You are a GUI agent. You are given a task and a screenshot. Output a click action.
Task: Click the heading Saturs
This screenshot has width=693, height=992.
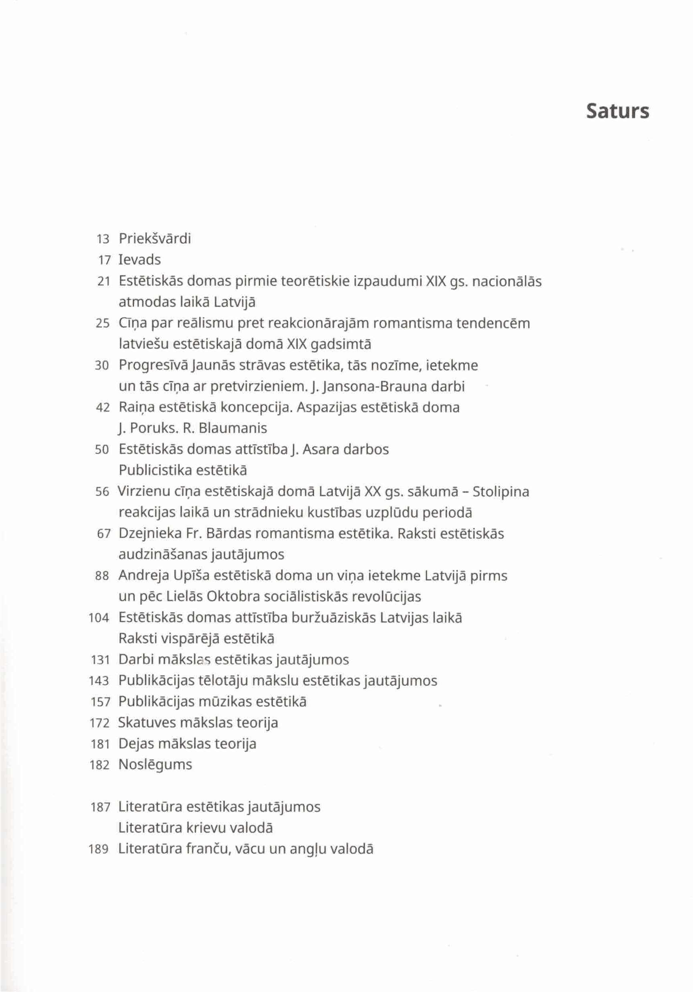(617, 112)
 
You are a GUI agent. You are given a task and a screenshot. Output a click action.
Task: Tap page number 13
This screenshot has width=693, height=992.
(104, 239)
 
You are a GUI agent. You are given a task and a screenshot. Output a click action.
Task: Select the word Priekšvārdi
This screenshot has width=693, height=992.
(155, 238)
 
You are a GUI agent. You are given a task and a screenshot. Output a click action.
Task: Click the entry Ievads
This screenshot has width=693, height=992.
(139, 260)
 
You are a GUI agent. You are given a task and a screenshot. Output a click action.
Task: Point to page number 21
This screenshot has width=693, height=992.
(104, 282)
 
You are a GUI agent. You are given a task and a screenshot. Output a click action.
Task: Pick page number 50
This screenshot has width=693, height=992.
(102, 450)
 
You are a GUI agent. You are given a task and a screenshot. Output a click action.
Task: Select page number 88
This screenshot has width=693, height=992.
(102, 576)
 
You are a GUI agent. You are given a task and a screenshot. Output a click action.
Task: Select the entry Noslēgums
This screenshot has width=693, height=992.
(155, 765)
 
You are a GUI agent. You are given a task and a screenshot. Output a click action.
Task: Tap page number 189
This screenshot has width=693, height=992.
(98, 850)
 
